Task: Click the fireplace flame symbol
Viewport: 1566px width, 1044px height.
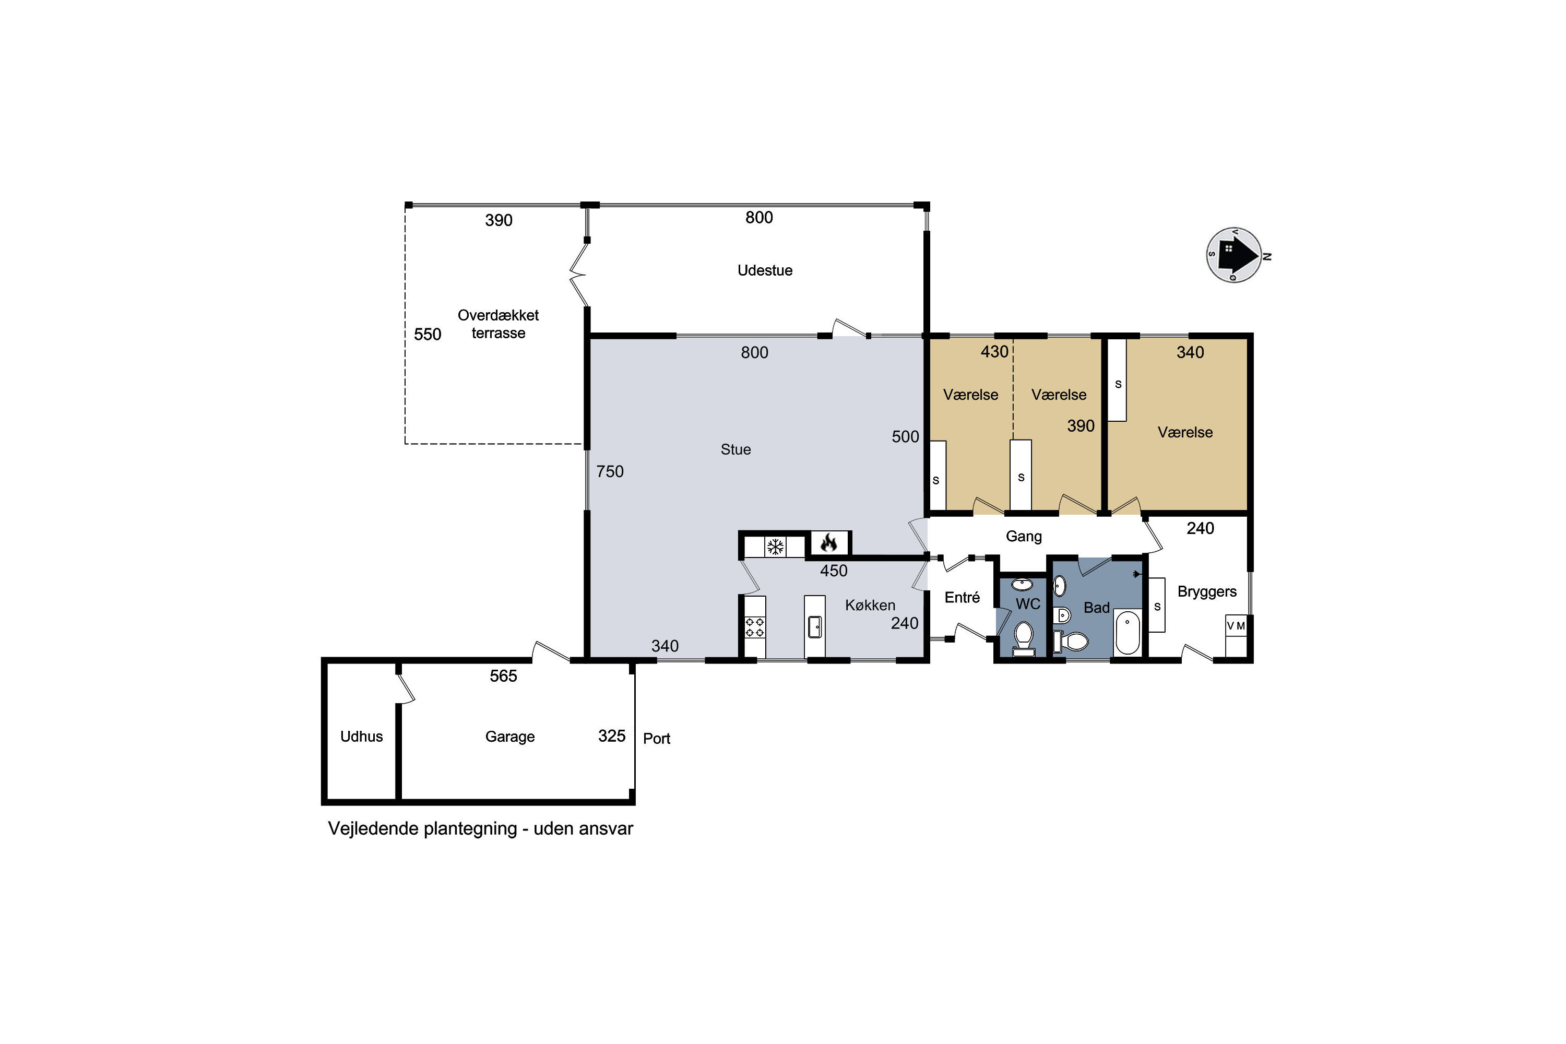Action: pyautogui.click(x=828, y=543)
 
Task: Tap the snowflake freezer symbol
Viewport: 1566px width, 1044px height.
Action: pyautogui.click(x=775, y=547)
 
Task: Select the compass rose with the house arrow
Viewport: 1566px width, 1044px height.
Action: pyautogui.click(x=1235, y=255)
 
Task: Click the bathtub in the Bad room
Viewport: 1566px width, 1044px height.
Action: pyautogui.click(x=1127, y=632)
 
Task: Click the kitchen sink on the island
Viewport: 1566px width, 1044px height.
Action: pyautogui.click(x=815, y=626)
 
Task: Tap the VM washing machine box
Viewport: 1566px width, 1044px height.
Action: pyautogui.click(x=1236, y=626)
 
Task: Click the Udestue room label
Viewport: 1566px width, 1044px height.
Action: pyautogui.click(x=765, y=270)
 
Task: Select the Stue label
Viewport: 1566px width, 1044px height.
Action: pyautogui.click(x=735, y=449)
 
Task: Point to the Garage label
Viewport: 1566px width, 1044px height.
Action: pyautogui.click(x=510, y=737)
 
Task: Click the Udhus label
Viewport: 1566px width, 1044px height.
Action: pyautogui.click(x=362, y=737)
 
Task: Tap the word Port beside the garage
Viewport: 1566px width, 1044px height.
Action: pyautogui.click(x=657, y=739)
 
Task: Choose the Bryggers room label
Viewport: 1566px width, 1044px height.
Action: pyautogui.click(x=1207, y=592)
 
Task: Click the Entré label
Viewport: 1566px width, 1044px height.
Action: pyautogui.click(x=962, y=597)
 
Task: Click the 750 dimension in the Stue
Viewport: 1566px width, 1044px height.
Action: pyautogui.click(x=610, y=471)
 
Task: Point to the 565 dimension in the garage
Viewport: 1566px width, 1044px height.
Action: pyautogui.click(x=503, y=676)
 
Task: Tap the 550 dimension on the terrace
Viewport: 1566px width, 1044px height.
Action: pyautogui.click(x=428, y=334)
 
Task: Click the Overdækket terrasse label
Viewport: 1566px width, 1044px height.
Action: pyautogui.click(x=498, y=324)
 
